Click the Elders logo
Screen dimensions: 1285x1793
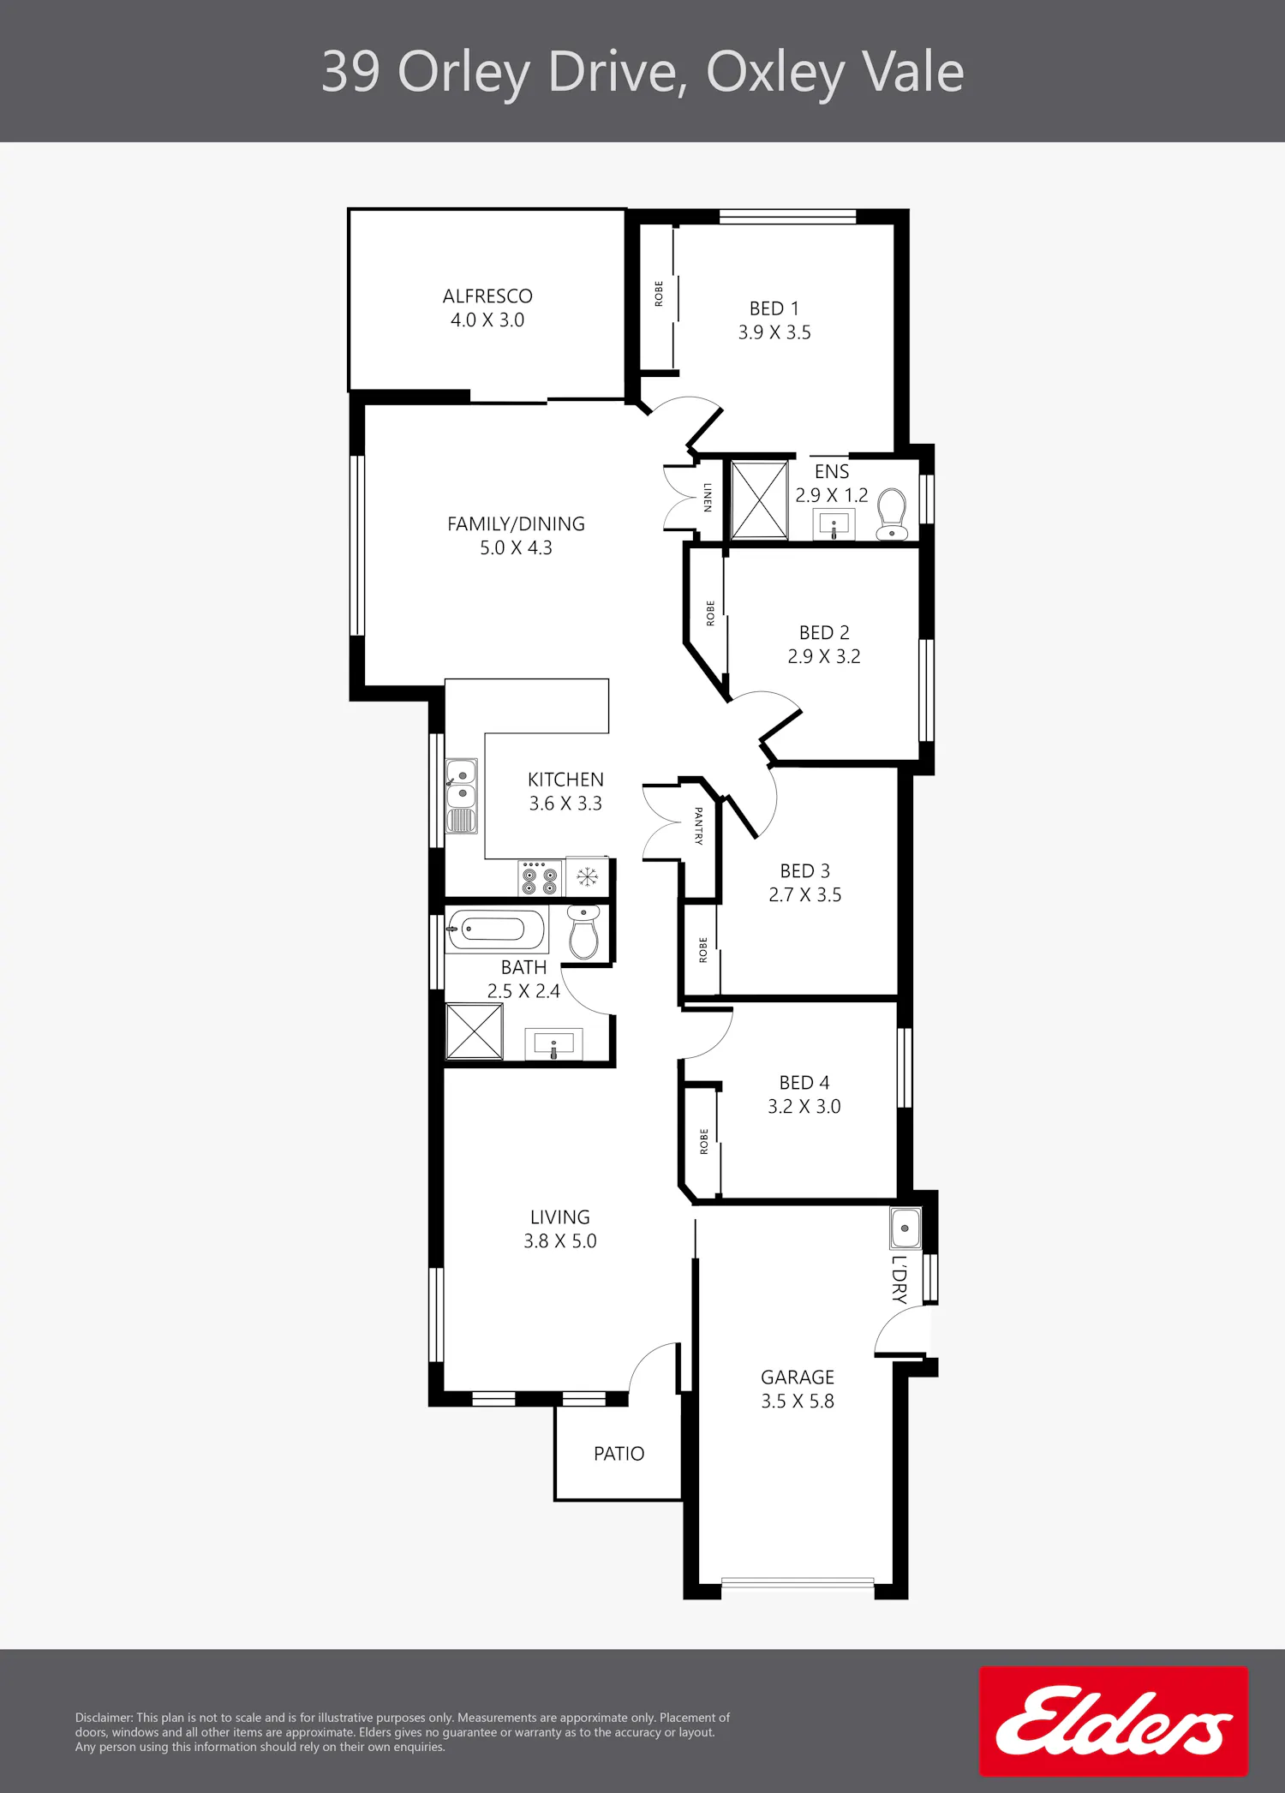tap(1114, 1720)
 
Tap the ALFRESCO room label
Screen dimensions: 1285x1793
tap(487, 296)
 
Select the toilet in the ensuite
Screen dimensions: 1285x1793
tap(892, 515)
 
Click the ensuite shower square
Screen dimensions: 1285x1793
tap(759, 500)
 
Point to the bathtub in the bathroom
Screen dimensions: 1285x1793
tap(496, 929)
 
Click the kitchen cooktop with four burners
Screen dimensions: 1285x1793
tap(540, 878)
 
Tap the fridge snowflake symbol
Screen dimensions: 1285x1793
tap(587, 877)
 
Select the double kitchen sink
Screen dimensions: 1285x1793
tap(462, 796)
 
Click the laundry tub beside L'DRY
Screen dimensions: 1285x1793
tap(905, 1228)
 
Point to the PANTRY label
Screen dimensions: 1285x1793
tap(698, 826)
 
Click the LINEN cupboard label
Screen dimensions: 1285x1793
tap(707, 497)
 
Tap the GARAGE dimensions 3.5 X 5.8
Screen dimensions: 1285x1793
tap(798, 1401)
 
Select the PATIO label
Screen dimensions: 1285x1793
tap(619, 1454)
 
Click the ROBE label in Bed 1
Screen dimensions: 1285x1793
tap(659, 294)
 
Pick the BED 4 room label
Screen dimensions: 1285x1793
tap(804, 1083)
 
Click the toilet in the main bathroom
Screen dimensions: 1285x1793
tap(584, 933)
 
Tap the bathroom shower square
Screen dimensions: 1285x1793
tap(474, 1031)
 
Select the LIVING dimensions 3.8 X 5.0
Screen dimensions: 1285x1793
tap(560, 1240)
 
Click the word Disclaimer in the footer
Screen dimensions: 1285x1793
tap(104, 1718)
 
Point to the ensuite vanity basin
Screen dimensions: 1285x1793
tap(834, 524)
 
